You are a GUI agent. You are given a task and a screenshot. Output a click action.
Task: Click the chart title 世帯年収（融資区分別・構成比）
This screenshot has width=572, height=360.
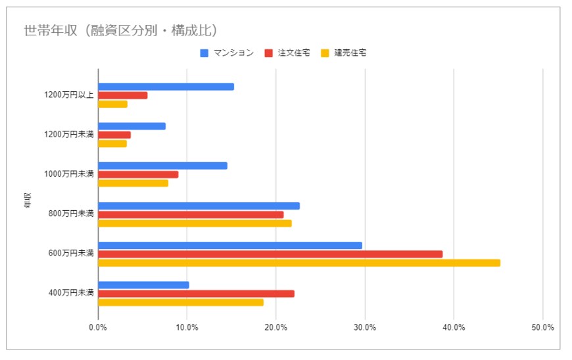click(120, 30)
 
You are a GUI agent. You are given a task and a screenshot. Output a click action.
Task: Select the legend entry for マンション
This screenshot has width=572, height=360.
click(227, 53)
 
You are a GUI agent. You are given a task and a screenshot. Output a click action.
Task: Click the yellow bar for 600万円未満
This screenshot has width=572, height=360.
click(298, 263)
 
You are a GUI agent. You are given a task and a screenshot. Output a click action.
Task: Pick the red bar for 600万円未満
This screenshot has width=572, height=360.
click(270, 254)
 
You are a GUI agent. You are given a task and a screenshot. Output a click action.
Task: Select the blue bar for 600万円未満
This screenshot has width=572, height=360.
click(230, 245)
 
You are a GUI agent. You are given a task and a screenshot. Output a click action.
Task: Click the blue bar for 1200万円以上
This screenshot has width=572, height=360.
click(166, 87)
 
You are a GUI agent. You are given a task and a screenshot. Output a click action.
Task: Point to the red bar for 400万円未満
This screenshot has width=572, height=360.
click(196, 294)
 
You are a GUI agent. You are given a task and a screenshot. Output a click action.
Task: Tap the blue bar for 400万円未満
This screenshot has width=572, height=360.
click(143, 285)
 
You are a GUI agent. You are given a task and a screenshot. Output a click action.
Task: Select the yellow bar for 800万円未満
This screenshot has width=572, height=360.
click(195, 223)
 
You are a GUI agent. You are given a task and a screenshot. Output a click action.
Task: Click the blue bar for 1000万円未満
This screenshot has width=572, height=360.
click(162, 166)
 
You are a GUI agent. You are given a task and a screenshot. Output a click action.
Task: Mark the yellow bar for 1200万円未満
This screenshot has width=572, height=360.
click(112, 143)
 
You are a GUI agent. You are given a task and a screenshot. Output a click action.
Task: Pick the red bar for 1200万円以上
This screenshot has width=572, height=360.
click(123, 95)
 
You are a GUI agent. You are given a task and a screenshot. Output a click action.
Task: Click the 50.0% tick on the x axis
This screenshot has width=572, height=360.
click(542, 327)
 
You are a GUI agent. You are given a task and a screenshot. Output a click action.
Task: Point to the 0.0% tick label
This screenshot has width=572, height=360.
click(98, 327)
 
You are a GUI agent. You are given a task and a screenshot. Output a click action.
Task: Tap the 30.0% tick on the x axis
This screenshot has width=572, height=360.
click(365, 327)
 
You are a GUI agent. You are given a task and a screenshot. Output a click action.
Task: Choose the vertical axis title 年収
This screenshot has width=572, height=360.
click(27, 200)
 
